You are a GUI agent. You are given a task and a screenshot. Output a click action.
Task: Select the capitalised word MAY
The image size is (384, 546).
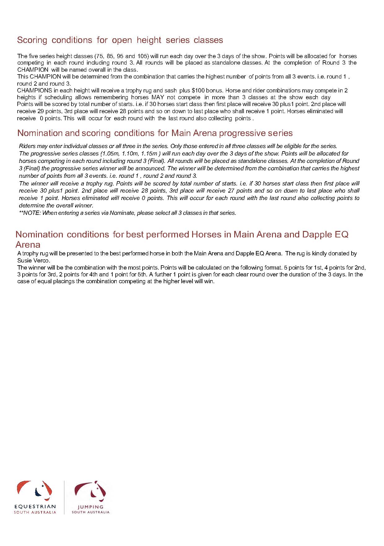pos(158,97)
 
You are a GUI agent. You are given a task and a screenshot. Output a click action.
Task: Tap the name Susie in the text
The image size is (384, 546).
pos(24,260)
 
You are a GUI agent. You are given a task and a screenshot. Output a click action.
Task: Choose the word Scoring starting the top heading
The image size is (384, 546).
pos(32,40)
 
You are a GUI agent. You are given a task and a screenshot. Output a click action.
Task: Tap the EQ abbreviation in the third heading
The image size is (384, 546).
pos(341,235)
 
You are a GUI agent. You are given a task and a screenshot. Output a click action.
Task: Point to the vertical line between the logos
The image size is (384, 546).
pos(64,497)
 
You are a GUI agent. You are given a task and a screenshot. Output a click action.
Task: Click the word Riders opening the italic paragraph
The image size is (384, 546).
pos(26,146)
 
